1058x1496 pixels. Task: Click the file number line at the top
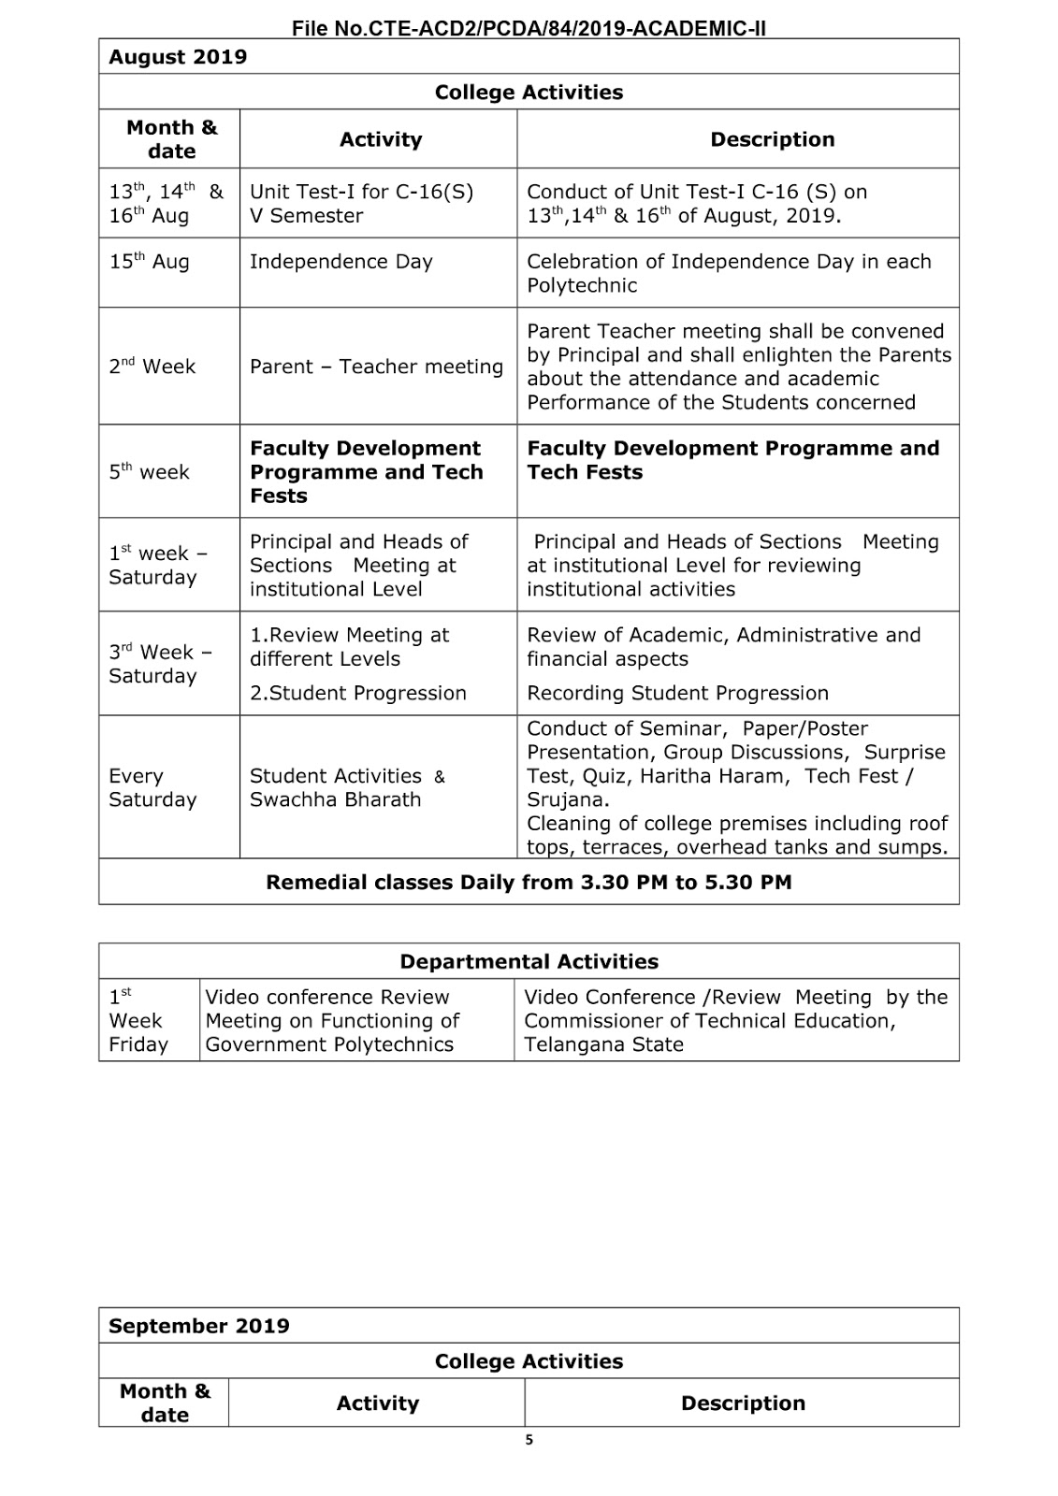tap(529, 28)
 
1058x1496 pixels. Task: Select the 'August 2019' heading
tap(178, 57)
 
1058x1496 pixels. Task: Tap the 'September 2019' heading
tap(199, 1326)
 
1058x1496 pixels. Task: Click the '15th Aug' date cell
tap(150, 262)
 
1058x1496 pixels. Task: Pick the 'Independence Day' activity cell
tap(341, 262)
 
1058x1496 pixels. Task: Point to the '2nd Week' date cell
tap(152, 367)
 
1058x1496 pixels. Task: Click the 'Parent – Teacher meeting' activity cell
tap(376, 367)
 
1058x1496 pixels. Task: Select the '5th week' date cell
tap(150, 472)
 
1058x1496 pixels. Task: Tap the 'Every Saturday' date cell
tap(152, 787)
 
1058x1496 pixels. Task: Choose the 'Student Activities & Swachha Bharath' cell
tap(347, 787)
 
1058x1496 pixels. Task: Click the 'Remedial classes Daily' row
tap(529, 882)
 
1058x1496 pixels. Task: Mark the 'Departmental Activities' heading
tap(529, 961)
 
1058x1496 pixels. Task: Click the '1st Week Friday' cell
tap(138, 1020)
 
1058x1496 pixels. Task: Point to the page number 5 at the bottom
tap(529, 1440)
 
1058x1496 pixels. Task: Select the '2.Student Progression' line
tap(357, 693)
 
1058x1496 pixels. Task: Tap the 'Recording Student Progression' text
tap(677, 693)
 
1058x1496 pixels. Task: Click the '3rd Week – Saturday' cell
tap(160, 664)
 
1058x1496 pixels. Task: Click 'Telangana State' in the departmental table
tap(603, 1044)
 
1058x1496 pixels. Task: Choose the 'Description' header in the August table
tap(772, 139)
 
